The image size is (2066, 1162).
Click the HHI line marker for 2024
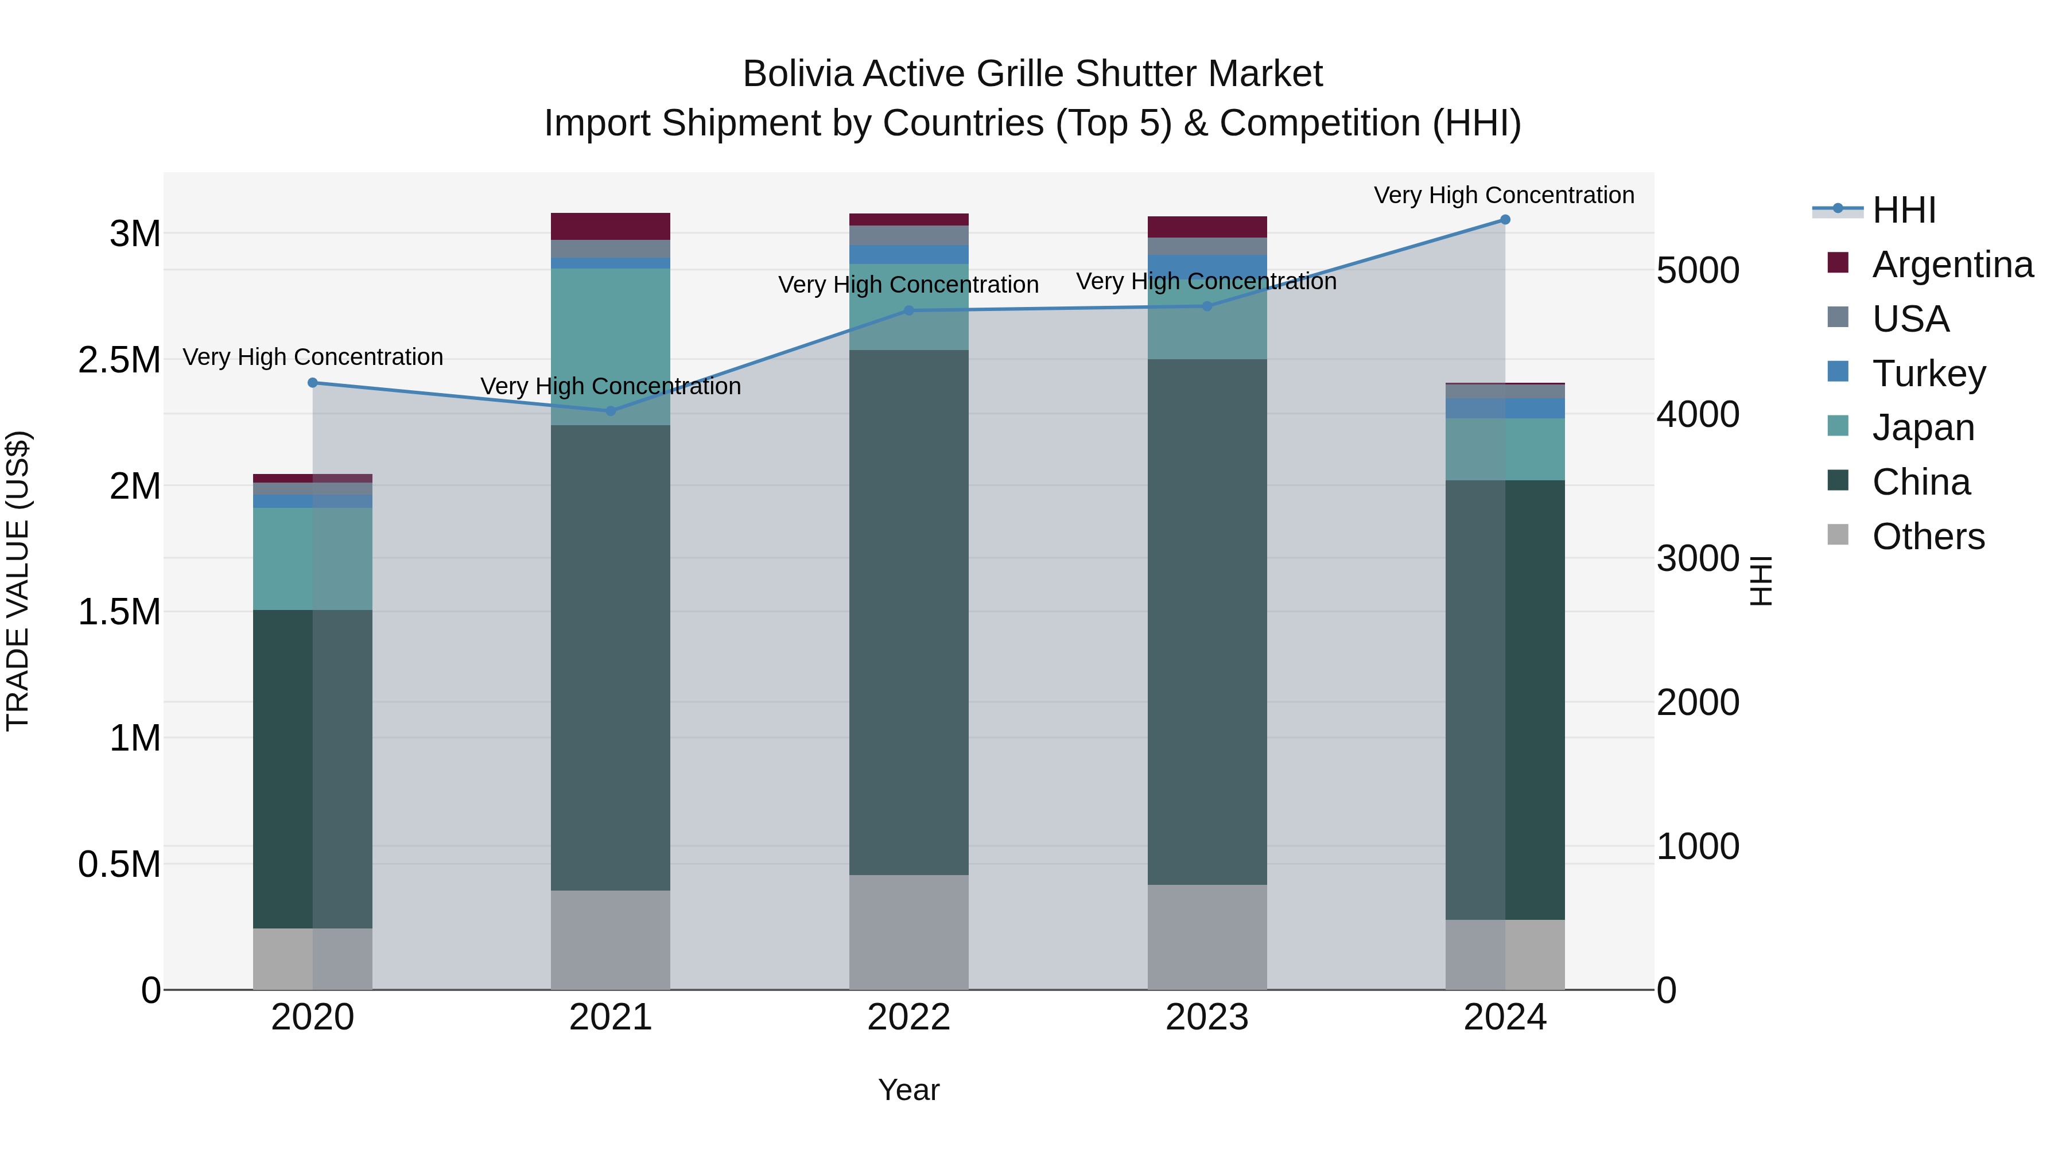point(1505,220)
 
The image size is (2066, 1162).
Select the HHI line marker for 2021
point(611,411)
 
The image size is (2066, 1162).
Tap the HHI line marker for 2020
point(313,383)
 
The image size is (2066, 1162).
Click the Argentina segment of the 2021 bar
point(611,226)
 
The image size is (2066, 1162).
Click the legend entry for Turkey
point(1928,374)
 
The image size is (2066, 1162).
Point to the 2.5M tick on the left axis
point(119,360)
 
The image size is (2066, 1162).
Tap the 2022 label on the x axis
point(908,1017)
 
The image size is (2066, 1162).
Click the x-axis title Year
point(908,1090)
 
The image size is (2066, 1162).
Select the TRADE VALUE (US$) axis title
point(18,581)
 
